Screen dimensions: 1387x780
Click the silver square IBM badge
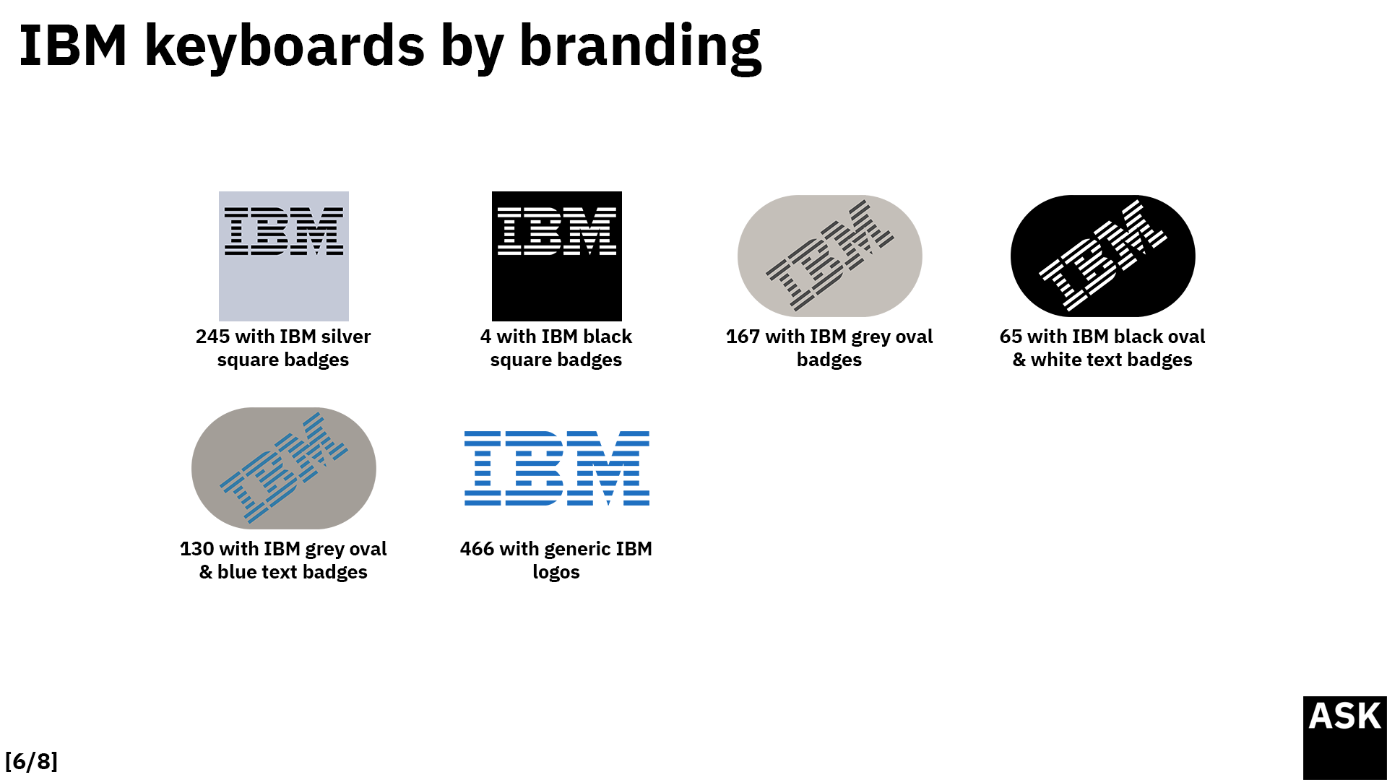tap(284, 256)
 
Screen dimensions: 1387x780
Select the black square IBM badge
tap(557, 256)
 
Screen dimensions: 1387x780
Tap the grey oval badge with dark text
tap(829, 256)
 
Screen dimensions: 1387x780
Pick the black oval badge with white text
tap(1102, 256)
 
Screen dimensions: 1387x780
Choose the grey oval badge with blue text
tap(284, 468)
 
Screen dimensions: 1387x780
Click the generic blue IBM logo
tap(557, 468)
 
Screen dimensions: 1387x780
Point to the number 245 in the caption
tap(212, 337)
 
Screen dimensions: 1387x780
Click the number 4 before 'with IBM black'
tap(485, 337)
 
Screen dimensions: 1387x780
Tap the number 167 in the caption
tap(743, 337)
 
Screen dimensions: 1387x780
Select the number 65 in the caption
tap(1011, 337)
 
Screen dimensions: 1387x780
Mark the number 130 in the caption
tap(196, 549)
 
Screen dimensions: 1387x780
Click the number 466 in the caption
tap(477, 549)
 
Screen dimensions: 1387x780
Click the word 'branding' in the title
tap(640, 46)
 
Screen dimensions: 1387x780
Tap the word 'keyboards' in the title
tap(285, 46)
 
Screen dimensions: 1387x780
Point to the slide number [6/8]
tap(31, 761)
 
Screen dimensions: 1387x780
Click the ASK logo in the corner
tap(1345, 738)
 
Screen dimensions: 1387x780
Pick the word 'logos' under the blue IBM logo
tap(556, 573)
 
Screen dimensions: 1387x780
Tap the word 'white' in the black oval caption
tap(1054, 360)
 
